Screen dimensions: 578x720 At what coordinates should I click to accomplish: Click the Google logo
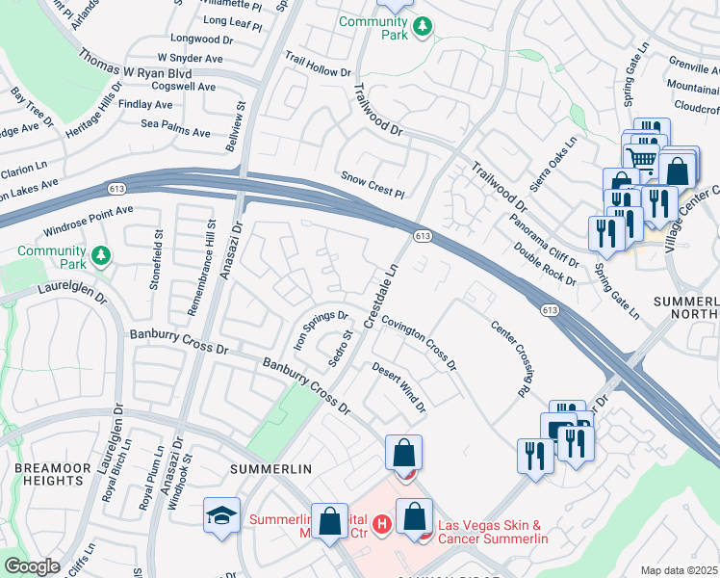coord(33,566)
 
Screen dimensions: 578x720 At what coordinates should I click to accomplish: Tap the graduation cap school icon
coord(221,514)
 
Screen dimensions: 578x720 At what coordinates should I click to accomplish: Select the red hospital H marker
coord(382,525)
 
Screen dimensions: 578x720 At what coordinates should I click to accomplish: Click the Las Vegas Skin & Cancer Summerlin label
coord(493,532)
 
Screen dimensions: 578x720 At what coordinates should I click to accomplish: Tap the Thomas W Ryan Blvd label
coord(136,65)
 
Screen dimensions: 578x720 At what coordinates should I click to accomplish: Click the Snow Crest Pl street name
coord(373,185)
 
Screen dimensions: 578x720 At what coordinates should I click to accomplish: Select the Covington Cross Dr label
coord(419,343)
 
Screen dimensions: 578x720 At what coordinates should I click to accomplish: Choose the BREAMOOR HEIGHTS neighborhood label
coord(39,473)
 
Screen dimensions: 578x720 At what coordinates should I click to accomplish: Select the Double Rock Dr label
coord(545,263)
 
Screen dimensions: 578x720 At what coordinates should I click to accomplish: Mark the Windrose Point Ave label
coord(90,223)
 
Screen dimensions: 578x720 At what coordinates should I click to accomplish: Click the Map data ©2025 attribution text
coord(679,570)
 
